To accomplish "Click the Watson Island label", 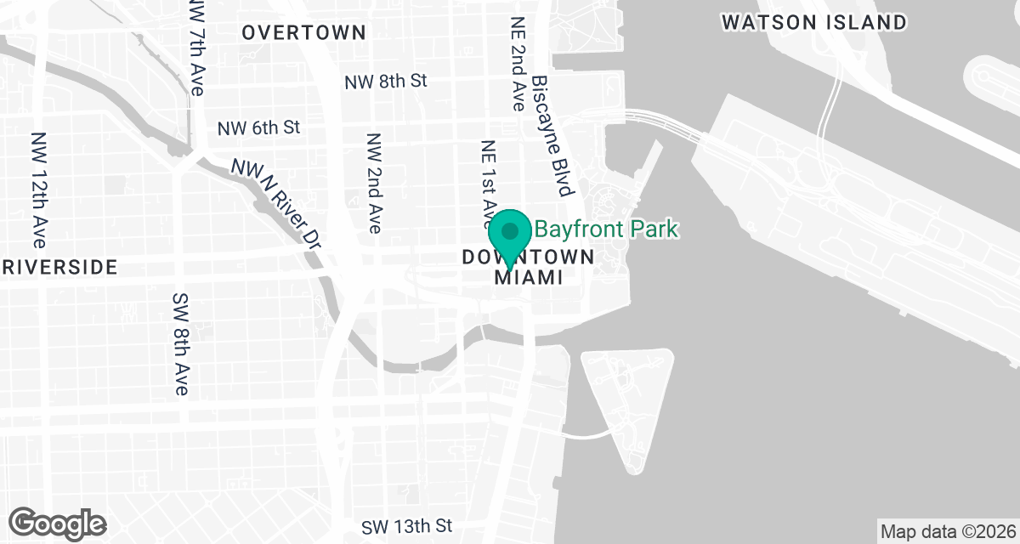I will click(x=814, y=23).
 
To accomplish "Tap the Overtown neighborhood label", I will click(x=303, y=33).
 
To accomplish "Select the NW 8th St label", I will click(x=385, y=82).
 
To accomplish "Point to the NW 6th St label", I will click(x=259, y=128).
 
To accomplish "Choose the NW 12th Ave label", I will click(x=39, y=184).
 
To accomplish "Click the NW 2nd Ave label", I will click(x=374, y=183).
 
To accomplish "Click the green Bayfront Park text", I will click(x=606, y=229).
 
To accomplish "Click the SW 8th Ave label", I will click(x=180, y=345).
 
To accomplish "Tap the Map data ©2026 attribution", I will click(x=948, y=532).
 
